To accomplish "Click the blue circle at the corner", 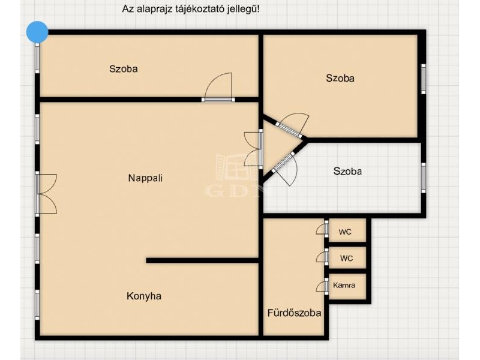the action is click(37, 32).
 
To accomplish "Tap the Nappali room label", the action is click(145, 178).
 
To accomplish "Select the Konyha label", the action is click(144, 296).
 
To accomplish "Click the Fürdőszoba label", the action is click(294, 313).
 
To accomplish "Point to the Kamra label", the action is click(344, 286).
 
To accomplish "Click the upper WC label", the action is click(345, 232).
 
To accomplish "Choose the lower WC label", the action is click(346, 259).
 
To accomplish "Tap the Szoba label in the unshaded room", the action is click(347, 171).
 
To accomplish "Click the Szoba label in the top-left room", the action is click(124, 68).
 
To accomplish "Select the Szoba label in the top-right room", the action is click(340, 78).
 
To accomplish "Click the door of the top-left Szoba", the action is click(218, 87).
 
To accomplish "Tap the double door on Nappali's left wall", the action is click(46, 194).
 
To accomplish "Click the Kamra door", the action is click(322, 286).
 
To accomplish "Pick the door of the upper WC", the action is click(322, 229).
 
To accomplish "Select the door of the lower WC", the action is click(322, 257).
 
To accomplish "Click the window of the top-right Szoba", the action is click(424, 79).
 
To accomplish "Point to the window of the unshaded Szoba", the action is click(424, 178).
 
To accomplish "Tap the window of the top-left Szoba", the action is click(37, 58).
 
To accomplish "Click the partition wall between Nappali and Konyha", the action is click(202, 260).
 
